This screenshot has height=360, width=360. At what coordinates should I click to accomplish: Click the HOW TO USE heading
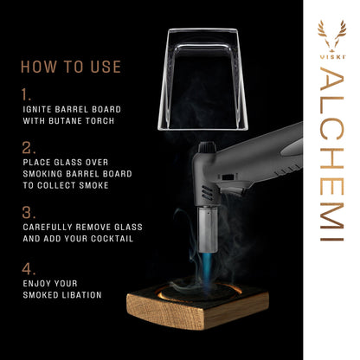click(71, 67)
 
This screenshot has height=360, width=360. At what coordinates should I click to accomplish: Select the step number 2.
click(27, 149)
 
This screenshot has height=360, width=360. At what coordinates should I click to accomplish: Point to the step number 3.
click(27, 211)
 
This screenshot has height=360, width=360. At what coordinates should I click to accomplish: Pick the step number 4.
click(27, 268)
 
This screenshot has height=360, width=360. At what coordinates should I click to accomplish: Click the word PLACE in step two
click(36, 163)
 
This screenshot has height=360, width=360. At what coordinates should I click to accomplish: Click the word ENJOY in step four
click(35, 284)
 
